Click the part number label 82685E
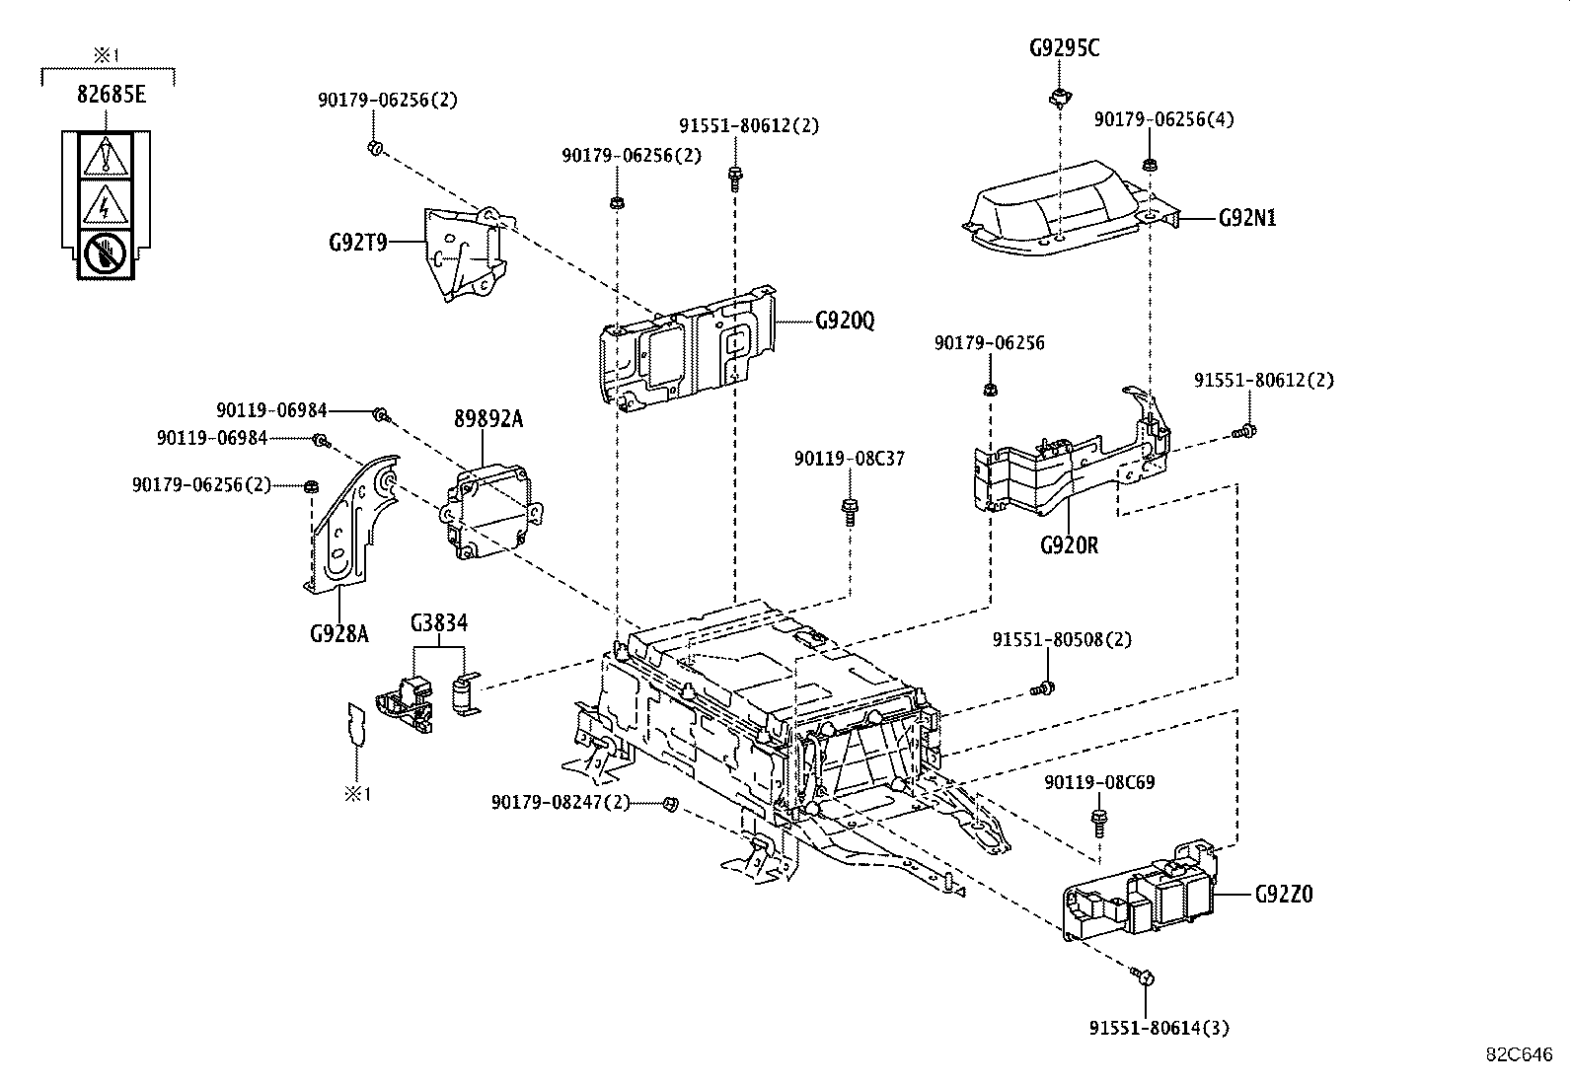(111, 95)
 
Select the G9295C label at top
(1064, 46)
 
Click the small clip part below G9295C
(1059, 97)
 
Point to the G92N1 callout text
(1246, 218)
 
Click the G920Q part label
(845, 322)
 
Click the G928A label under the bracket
(338, 632)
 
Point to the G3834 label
(439, 622)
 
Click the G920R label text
(1069, 544)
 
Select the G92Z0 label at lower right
(1284, 895)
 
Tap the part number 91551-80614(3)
(1160, 1028)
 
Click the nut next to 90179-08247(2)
(670, 803)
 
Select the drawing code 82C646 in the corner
(1521, 1053)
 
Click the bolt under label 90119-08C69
(1097, 818)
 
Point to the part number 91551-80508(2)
(1062, 639)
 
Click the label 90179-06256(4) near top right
(1163, 119)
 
